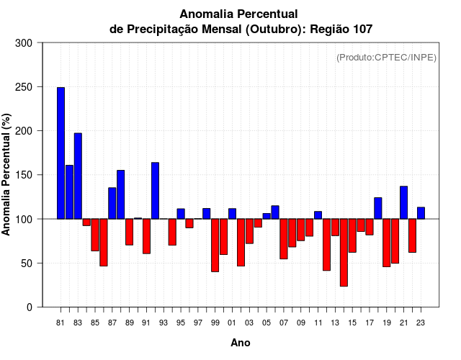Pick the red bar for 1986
[104, 242]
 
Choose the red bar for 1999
[215, 245]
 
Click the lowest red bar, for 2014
[344, 252]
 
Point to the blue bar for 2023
[421, 213]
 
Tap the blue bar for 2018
[378, 208]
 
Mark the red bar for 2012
[326, 244]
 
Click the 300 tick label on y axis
[24, 43]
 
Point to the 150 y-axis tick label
[24, 175]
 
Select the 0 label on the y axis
[30, 307]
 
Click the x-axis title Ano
[241, 343]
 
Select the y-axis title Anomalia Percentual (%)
[7, 175]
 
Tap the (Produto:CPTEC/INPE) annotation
[386, 58]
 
